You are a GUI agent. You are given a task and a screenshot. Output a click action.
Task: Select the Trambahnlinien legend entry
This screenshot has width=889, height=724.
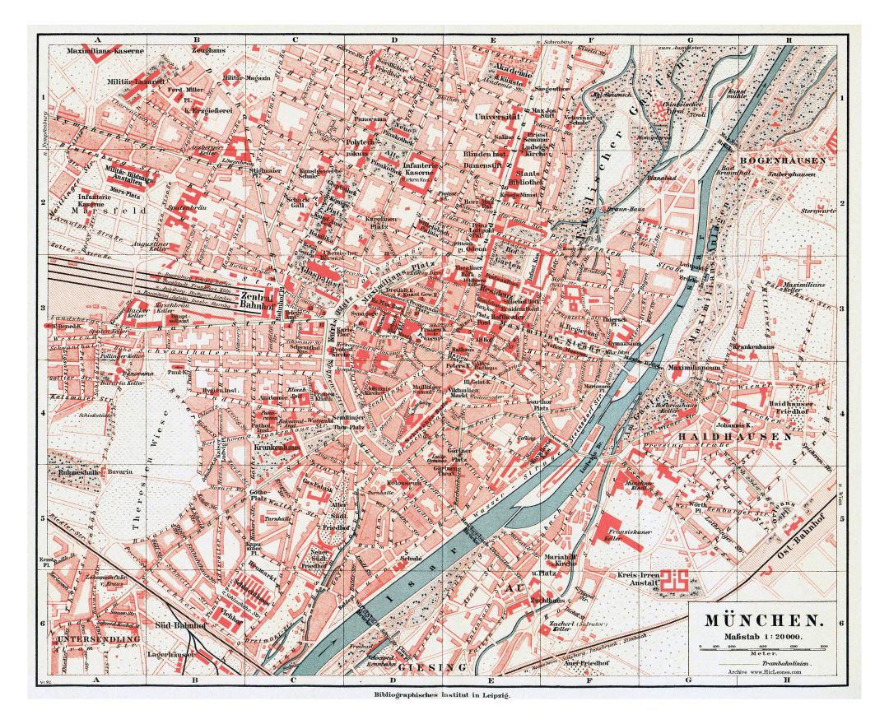[x=774, y=662]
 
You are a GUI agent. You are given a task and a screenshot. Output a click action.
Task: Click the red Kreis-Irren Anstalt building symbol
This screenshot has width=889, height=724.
[x=677, y=579]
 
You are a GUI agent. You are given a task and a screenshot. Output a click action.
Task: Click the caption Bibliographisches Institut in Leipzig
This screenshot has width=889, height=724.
[x=444, y=696]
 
